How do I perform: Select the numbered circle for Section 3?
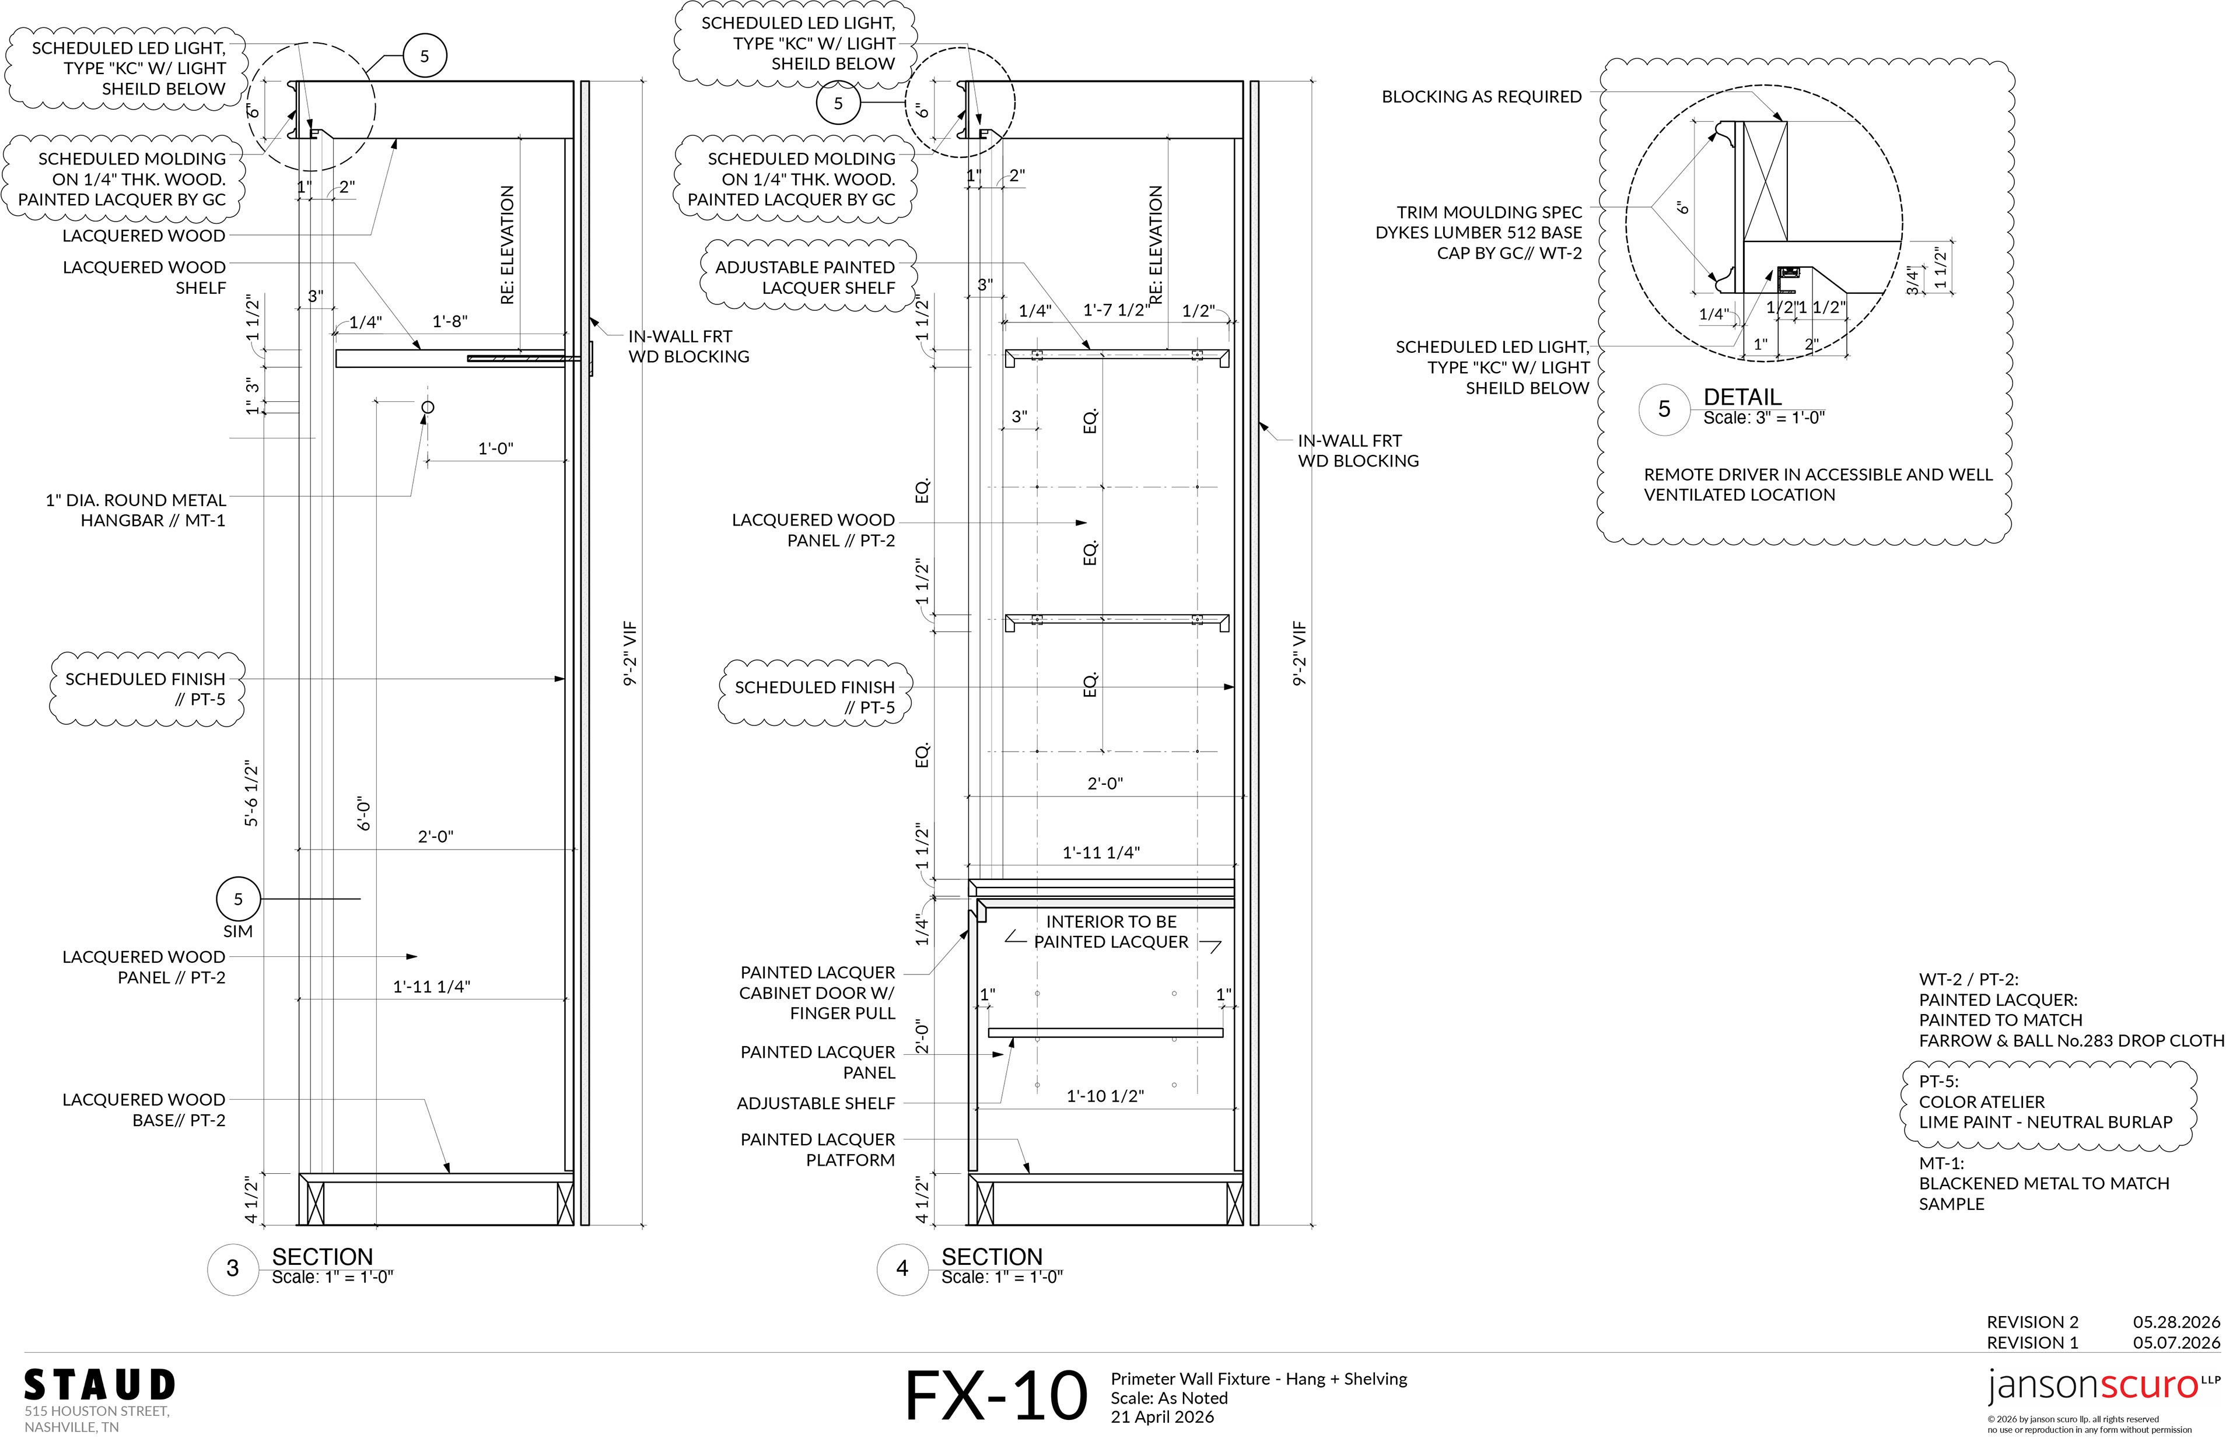click(233, 1268)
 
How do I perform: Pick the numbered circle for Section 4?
click(902, 1268)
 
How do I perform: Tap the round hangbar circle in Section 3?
click(428, 408)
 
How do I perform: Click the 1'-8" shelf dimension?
click(450, 322)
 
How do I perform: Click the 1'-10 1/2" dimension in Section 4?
click(1105, 1096)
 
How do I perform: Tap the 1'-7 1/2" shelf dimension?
click(1116, 311)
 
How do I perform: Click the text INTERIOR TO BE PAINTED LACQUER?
click(1111, 932)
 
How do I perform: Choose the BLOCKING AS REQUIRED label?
click(1482, 97)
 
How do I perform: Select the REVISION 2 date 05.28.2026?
click(2176, 1322)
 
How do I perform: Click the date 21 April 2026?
click(1163, 1417)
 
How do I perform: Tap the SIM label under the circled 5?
click(238, 932)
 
